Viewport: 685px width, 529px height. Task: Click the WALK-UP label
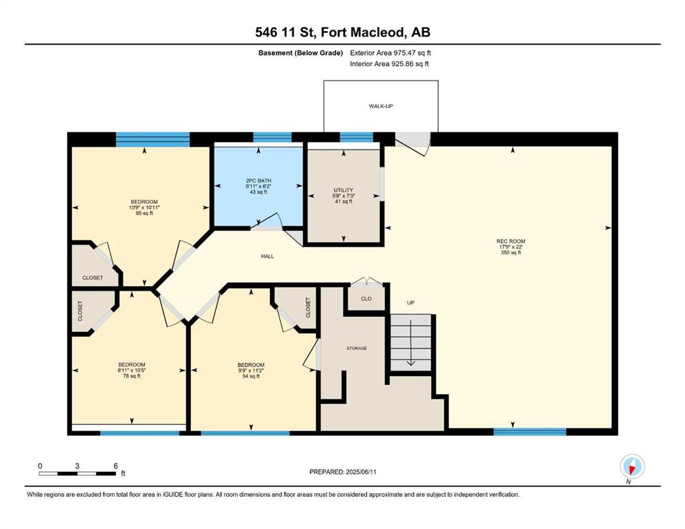coord(381,106)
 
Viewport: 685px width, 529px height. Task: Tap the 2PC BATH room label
coord(258,180)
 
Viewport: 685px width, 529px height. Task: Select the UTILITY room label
coord(344,190)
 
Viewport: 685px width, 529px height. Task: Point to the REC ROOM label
coord(510,241)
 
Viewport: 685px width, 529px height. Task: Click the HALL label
coord(268,256)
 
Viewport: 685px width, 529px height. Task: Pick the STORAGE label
coord(357,349)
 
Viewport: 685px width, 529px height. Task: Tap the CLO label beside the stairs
coord(366,299)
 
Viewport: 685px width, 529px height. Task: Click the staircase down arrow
coord(410,343)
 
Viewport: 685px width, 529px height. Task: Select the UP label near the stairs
coord(410,302)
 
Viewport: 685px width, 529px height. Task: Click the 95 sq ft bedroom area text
coord(144,214)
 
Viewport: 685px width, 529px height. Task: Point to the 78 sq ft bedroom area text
coord(132,376)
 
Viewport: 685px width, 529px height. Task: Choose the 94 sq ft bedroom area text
coord(251,376)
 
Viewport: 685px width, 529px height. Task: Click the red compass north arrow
coord(632,469)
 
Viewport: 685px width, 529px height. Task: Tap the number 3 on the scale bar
coord(77,466)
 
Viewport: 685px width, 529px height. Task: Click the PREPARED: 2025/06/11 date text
coord(343,472)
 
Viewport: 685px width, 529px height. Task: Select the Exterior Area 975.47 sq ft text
coord(390,53)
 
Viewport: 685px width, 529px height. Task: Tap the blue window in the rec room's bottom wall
coord(530,432)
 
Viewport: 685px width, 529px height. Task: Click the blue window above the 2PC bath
coord(272,137)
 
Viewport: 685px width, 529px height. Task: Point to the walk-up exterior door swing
coord(413,144)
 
